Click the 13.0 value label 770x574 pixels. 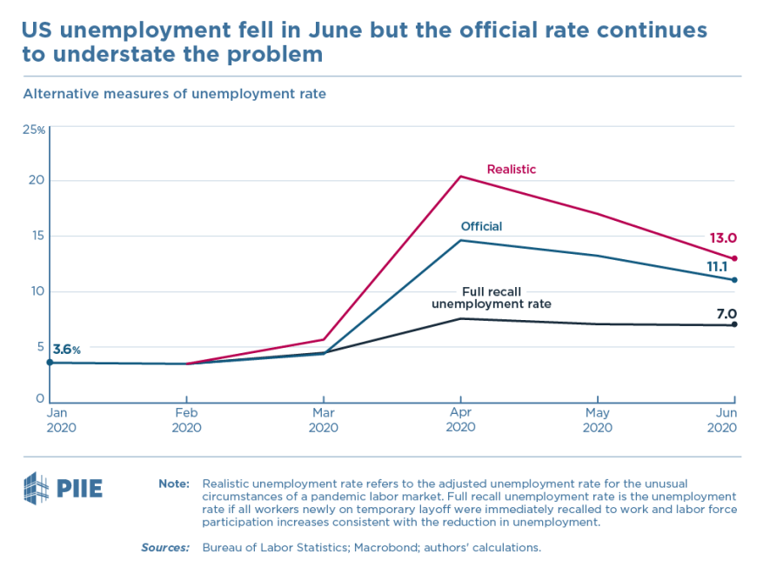coord(722,238)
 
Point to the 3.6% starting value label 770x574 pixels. coord(67,350)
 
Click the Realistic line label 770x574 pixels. coord(511,170)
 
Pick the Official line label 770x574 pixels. coord(481,227)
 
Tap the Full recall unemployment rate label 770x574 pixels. coord(492,297)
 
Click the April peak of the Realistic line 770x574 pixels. coord(460,177)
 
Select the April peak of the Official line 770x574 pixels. coord(460,240)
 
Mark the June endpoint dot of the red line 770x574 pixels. coord(734,258)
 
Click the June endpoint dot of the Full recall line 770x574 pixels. coord(734,324)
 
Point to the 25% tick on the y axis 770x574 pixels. coord(34,130)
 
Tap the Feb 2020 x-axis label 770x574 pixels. coord(186,421)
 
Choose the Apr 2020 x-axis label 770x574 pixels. coord(460,421)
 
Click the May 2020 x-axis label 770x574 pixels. coord(597,421)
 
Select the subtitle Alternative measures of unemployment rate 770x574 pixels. coord(174,94)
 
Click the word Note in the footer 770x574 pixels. coord(174,483)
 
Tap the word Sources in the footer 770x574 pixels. coord(165,548)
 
